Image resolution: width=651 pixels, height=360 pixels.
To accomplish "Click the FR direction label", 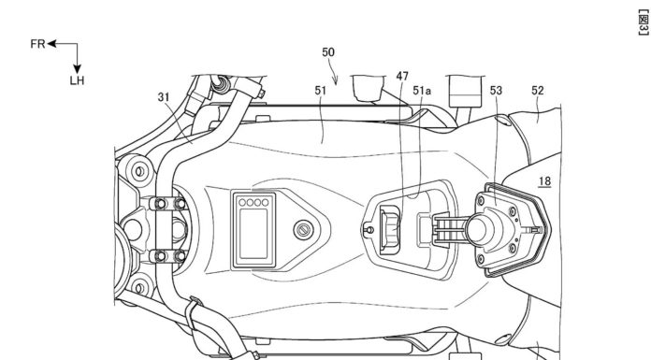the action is pos(37,44).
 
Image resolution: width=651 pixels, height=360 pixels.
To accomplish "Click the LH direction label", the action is pos(77,80).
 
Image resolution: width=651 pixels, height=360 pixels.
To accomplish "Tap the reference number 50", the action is pos(328,52).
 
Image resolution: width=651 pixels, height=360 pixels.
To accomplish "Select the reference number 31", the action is pos(164,96).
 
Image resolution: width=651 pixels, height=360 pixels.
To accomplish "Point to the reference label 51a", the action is pos(422,91).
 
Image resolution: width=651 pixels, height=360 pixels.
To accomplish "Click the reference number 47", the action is pos(402,76).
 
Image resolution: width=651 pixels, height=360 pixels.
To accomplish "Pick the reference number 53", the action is pos(496,91).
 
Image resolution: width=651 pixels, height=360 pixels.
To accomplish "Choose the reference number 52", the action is pos(537,91).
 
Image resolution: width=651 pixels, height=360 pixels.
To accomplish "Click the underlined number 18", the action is pos(544,181).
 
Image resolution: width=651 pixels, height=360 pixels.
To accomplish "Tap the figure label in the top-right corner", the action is pos(643,22).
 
